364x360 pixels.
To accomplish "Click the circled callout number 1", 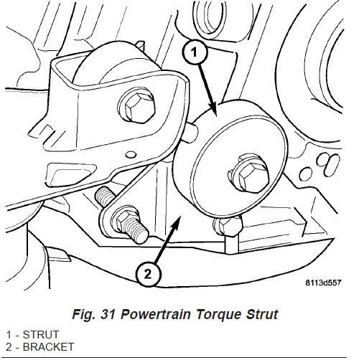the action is tap(195, 52).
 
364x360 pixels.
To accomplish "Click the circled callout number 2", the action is tap(148, 274).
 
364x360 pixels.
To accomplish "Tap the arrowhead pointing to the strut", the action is tap(213, 110).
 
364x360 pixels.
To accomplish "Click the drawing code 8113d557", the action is tap(323, 283).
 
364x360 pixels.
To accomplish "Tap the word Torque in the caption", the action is tap(218, 315).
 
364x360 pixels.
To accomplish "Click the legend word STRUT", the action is tap(41, 335).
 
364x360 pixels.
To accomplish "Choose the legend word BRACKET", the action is tap(48, 347).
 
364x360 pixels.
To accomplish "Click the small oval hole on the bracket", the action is tap(131, 154).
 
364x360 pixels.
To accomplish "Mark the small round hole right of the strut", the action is tap(306, 174).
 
